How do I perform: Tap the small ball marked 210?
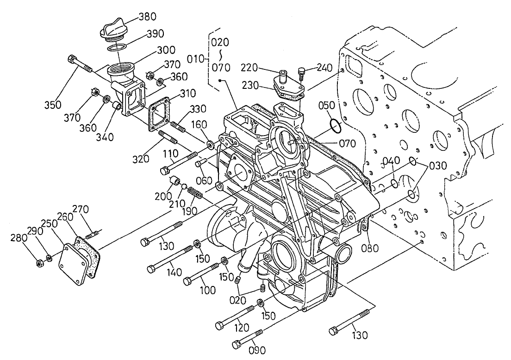[x=184, y=186]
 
